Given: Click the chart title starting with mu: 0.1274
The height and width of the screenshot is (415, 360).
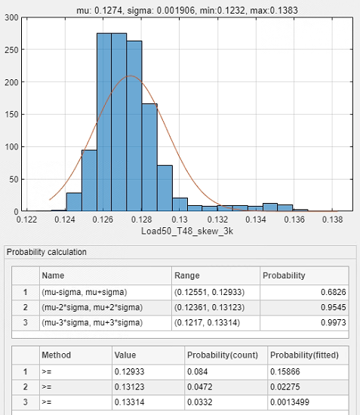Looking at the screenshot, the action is tap(187, 11).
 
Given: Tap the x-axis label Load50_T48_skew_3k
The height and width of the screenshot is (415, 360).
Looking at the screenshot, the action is tap(187, 231).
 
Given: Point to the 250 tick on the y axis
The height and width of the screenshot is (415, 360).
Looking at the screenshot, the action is tap(11, 50).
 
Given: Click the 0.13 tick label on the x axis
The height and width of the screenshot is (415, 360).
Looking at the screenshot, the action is tap(180, 220).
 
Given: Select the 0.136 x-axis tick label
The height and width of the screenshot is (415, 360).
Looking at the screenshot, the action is tap(294, 220).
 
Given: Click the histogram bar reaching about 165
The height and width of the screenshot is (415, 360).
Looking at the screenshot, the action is tap(149, 157).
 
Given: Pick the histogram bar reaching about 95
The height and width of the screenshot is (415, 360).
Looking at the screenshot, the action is tap(89, 180).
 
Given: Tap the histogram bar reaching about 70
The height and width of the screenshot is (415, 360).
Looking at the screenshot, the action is tap(165, 188).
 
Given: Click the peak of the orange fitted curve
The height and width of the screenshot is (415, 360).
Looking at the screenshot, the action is tap(131, 76).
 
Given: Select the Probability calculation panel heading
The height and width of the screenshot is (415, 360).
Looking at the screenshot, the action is tap(47, 252).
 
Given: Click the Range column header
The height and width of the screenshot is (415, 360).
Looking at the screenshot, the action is tap(187, 275).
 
